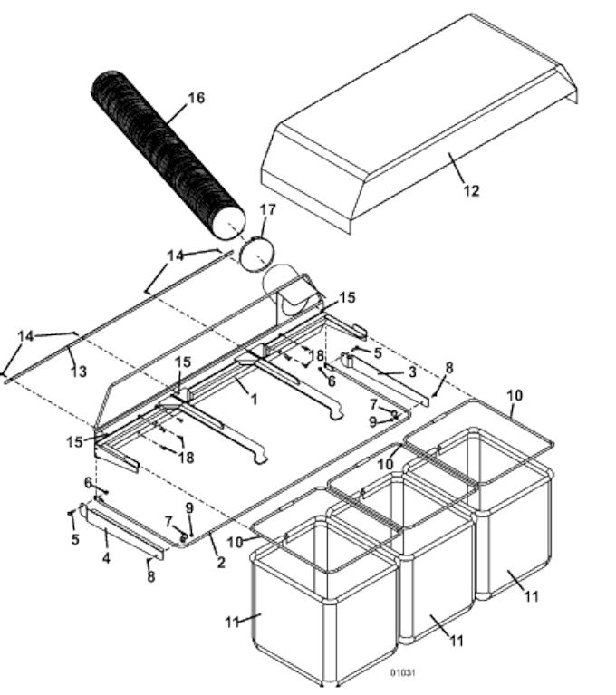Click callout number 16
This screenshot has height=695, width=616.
(196, 98)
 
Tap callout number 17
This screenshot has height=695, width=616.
(266, 209)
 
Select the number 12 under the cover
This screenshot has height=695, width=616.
(471, 190)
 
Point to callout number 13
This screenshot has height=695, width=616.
(77, 372)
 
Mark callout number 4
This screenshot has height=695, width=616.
(106, 559)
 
